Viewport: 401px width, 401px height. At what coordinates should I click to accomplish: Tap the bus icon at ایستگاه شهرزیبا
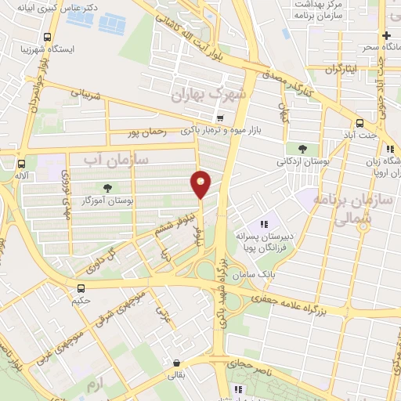[x=49, y=37]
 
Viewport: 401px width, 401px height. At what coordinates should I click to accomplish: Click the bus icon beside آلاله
[x=20, y=164]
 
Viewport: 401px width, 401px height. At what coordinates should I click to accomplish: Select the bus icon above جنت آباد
[x=359, y=123]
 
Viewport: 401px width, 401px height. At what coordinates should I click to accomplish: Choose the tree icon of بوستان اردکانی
[x=302, y=149]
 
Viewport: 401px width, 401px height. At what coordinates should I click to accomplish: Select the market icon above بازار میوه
[x=220, y=119]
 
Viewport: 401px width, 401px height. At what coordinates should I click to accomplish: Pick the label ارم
[x=95, y=385]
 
